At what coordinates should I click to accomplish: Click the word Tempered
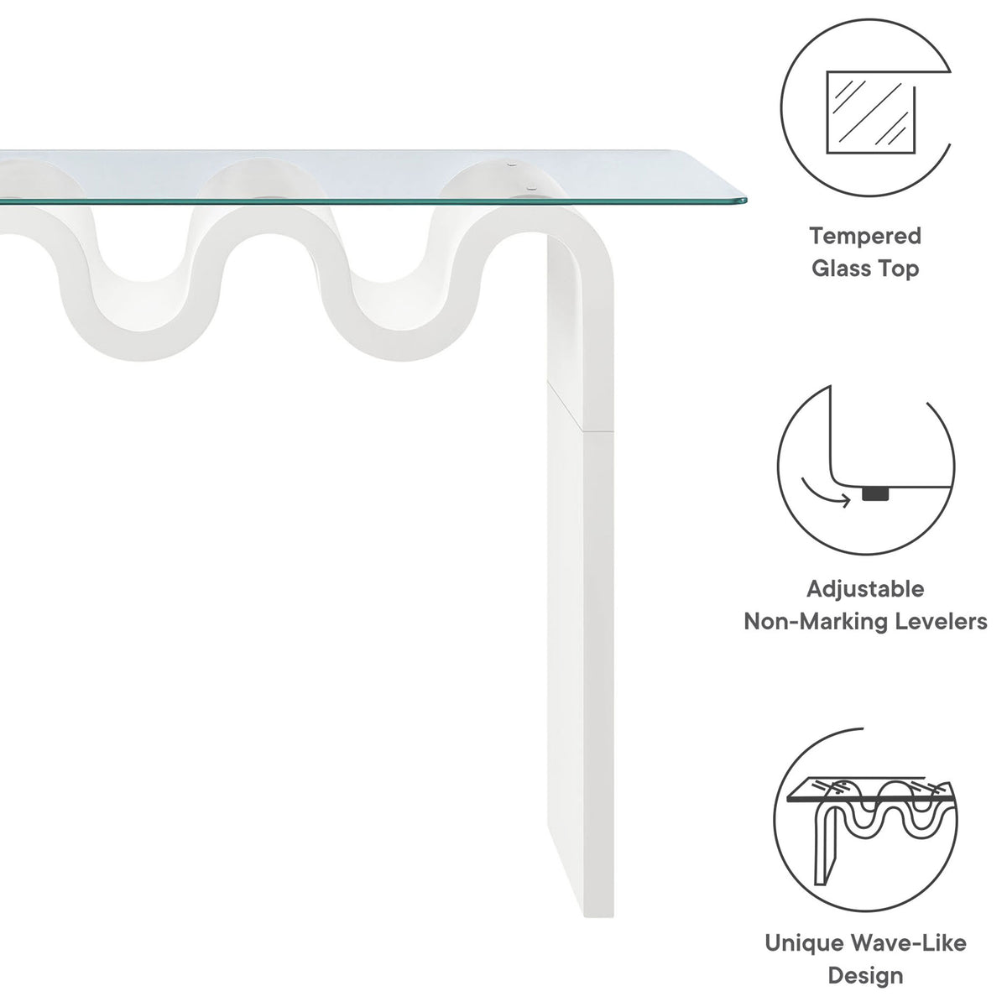865,237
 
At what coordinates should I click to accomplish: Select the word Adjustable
865,590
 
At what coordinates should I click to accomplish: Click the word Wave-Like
908,943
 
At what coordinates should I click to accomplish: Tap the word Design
865,976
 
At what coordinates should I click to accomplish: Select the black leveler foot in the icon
875,493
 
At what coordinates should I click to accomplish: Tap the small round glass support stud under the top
531,187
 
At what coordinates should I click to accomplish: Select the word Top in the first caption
902,269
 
